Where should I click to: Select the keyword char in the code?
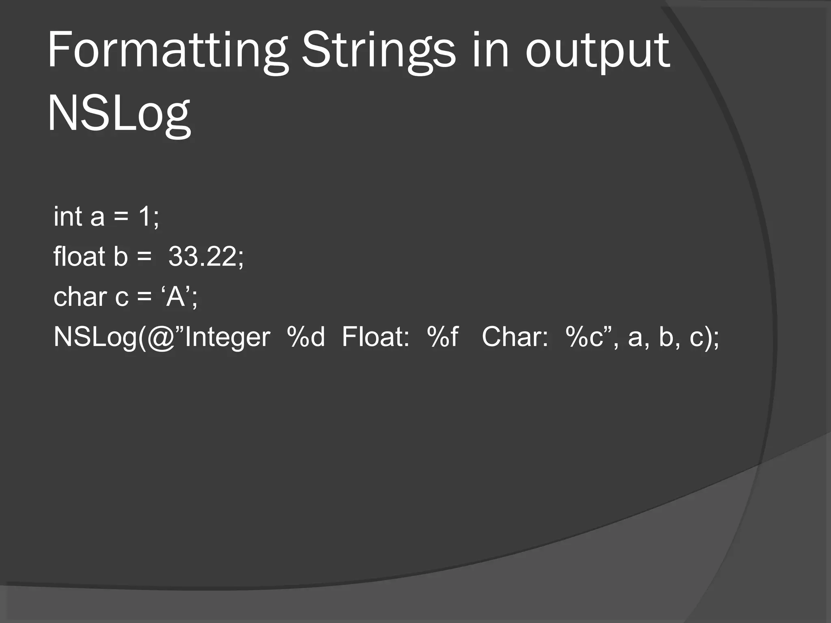(x=80, y=296)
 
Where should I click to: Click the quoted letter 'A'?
(x=175, y=296)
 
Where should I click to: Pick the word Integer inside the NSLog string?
(x=227, y=337)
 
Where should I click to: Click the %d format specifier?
(x=306, y=337)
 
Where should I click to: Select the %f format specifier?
(x=442, y=337)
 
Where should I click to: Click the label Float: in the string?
(x=375, y=337)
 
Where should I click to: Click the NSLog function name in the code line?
(x=95, y=337)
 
